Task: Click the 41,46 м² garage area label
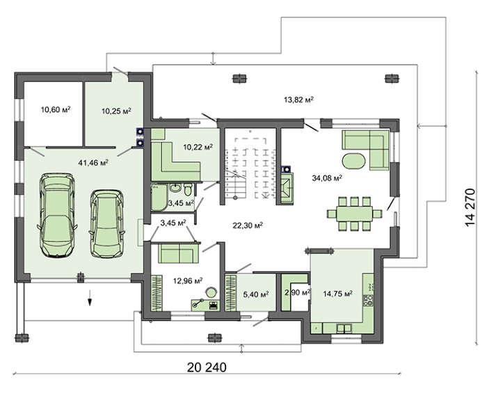point(93,162)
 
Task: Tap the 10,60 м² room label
point(56,109)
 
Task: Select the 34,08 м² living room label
point(327,178)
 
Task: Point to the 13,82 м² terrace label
point(298,99)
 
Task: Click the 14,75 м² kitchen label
point(337,294)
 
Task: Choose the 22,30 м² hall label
point(248,225)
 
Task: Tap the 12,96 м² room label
point(188,281)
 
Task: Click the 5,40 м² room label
point(256,294)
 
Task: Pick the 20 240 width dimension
point(207,367)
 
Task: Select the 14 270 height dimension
point(470,207)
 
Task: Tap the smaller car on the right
point(106,223)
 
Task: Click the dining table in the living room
point(354,214)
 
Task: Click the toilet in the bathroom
point(188,189)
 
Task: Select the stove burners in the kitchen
point(368,301)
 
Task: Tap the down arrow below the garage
point(90,298)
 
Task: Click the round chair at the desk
point(211,292)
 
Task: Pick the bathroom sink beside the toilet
point(176,189)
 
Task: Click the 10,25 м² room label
point(116,111)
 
